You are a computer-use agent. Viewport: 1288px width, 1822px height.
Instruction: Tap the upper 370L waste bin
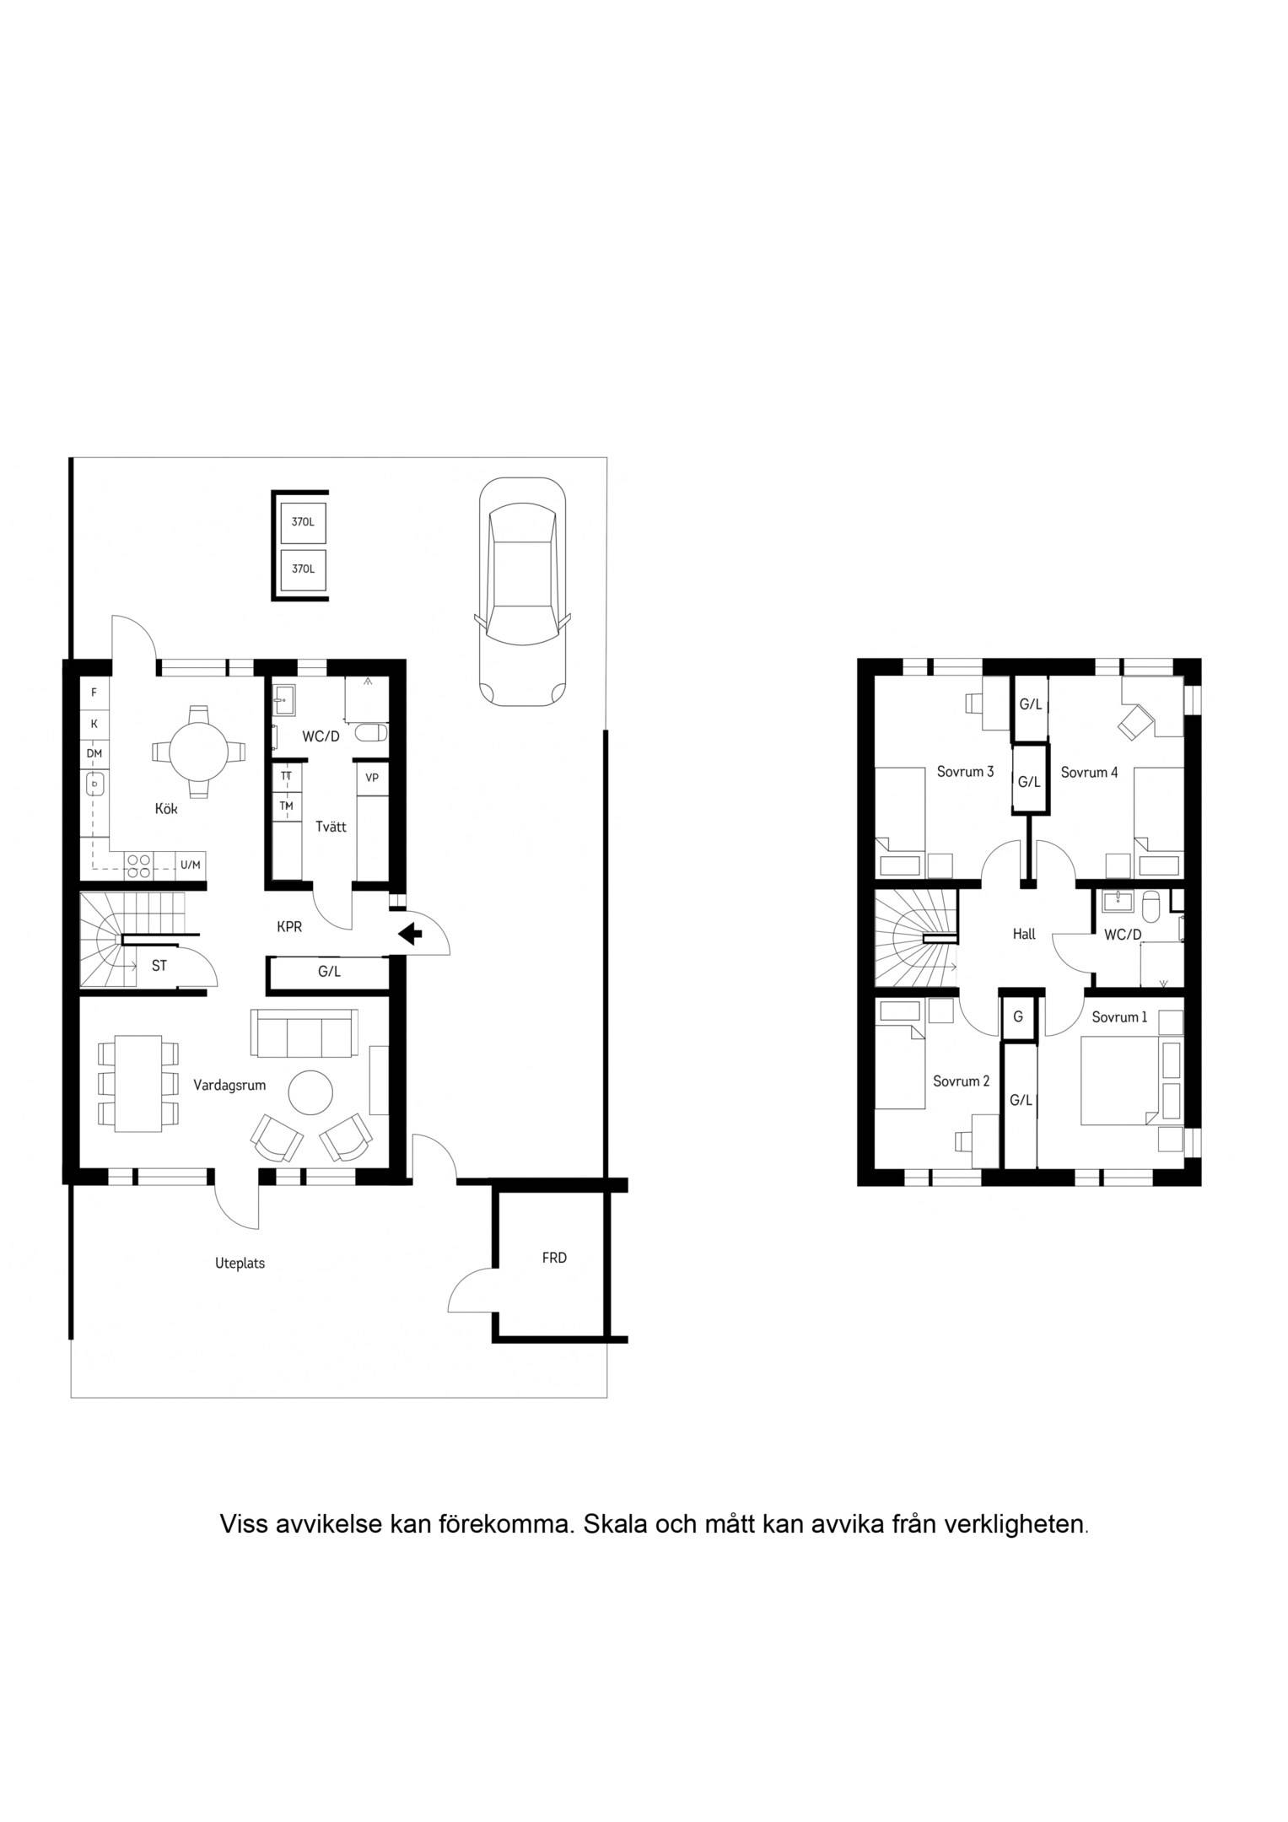point(303,522)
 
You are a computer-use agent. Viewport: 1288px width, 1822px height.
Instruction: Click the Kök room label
point(166,809)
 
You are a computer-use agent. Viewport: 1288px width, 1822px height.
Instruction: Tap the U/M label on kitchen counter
point(191,865)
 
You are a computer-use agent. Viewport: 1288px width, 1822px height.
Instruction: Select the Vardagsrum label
point(229,1085)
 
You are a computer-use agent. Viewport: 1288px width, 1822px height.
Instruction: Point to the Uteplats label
point(240,1264)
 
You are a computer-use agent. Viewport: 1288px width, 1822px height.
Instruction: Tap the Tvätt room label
point(331,827)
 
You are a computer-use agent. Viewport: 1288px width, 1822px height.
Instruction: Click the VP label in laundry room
point(372,778)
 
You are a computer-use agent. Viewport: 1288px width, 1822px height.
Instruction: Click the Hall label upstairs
point(1024,935)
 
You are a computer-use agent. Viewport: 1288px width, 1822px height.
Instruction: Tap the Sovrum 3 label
point(965,772)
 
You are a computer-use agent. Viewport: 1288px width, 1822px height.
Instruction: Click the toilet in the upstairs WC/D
point(1151,908)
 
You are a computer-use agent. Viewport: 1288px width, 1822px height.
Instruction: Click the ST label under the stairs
point(159,967)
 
